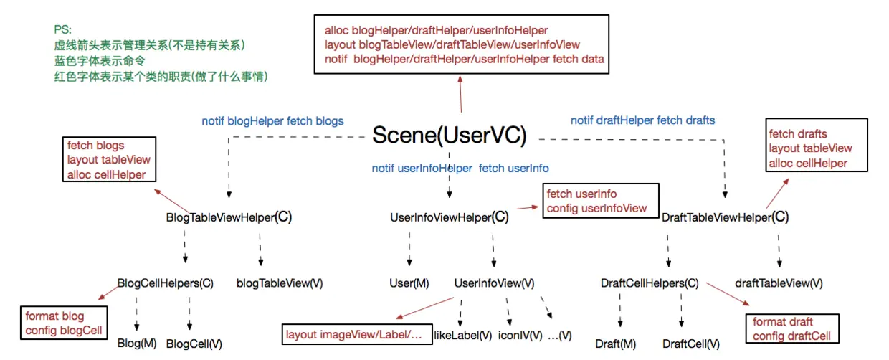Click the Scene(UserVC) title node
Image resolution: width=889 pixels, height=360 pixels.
pos(450,136)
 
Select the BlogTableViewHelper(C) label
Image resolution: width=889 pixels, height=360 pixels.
pos(229,217)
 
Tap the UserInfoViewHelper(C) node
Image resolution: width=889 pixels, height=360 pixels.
pos(450,217)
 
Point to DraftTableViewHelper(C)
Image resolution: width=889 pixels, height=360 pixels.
pos(725,217)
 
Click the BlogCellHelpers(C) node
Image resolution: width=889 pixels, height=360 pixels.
pos(165,283)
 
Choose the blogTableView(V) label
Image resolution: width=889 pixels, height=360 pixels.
pos(280,283)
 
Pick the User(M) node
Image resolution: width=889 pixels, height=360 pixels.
pos(409,283)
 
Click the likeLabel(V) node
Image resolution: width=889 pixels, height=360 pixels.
pos(462,336)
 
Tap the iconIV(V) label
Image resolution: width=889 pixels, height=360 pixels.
pos(520,336)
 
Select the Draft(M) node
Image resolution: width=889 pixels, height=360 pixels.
pos(616,344)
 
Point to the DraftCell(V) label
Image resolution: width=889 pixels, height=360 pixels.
pos(691,344)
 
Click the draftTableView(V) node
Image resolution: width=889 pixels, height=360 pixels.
pos(779,283)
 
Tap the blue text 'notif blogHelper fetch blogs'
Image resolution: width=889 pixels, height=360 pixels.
pos(272,121)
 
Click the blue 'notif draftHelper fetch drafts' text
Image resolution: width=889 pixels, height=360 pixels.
pos(643,120)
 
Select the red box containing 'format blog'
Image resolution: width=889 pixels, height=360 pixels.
pos(64,323)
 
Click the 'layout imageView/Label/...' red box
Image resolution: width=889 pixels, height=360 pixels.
pos(357,334)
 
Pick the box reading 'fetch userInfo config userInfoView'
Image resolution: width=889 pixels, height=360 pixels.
pos(601,201)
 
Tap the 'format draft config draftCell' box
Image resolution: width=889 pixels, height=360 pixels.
pos(792,328)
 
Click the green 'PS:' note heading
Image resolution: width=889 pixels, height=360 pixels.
pos(62,30)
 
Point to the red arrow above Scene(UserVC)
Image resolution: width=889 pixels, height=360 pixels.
pos(460,94)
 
